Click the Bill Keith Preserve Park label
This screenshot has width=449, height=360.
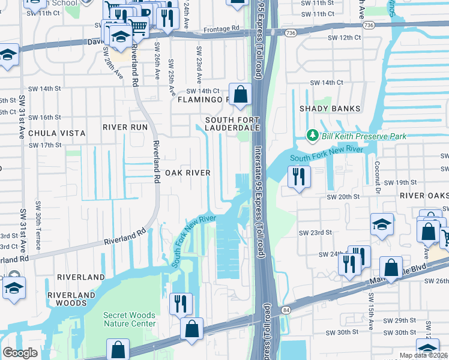[364, 136]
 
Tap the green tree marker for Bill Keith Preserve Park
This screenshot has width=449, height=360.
[312, 136]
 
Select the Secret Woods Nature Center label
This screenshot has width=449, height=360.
[129, 319]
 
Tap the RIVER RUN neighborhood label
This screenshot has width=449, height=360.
[125, 127]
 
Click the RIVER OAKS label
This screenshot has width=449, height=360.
[425, 196]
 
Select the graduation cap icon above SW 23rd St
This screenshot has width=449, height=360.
[382, 224]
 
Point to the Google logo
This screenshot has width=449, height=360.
[20, 353]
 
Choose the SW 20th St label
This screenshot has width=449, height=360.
[342, 196]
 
